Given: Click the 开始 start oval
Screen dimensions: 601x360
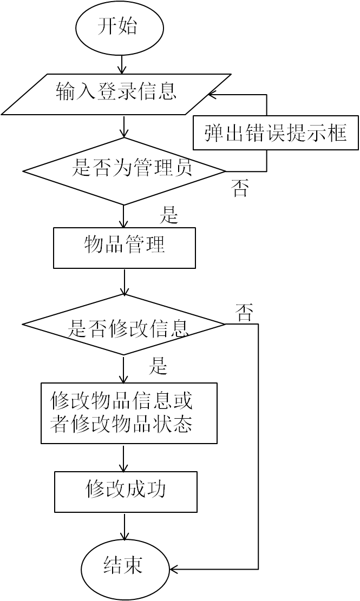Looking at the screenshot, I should point(117,28).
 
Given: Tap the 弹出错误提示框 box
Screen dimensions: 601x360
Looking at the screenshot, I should point(276,132).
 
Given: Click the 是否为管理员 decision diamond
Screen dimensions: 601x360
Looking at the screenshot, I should point(124,171).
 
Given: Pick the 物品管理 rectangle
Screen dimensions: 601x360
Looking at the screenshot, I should point(124,248).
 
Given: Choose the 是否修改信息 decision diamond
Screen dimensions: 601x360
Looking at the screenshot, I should point(124,325).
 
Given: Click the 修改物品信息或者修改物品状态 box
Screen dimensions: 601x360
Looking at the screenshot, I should point(129,413).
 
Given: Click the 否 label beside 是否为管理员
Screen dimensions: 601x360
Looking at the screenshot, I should point(240,189).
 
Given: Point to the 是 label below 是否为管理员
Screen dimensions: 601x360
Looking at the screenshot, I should point(168,215).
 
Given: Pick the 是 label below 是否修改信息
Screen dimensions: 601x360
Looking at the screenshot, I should point(158,367).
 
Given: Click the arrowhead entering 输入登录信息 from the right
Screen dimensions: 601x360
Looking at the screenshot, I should point(214,95).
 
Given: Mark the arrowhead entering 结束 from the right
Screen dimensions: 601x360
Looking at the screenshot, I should point(175,569).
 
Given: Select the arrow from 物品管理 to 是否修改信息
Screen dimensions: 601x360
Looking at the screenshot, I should point(125,281).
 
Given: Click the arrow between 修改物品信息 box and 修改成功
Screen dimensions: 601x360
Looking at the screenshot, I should point(125,458).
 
